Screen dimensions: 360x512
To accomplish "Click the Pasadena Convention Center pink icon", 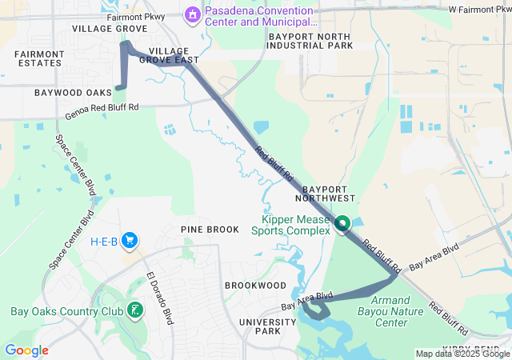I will [x=192, y=14].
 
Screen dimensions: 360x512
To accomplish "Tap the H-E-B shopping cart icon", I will [x=129, y=241].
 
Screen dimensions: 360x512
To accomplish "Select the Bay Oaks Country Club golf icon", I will [x=136, y=310].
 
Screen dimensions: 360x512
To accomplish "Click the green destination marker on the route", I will [x=342, y=224].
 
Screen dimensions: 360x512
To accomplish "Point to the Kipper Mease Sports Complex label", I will [x=290, y=225].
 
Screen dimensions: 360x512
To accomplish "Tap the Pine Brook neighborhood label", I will [x=209, y=230].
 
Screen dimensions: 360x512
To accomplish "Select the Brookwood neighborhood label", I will [x=255, y=285].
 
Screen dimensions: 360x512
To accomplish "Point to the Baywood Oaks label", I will [x=72, y=93].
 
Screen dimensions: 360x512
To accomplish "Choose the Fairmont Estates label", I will [x=38, y=58].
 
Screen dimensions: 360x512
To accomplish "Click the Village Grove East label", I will [x=174, y=54].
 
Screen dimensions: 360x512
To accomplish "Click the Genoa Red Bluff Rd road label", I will [x=102, y=111].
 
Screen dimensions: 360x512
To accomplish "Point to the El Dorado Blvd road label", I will [x=159, y=297].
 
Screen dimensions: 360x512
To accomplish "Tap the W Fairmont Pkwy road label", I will [x=478, y=10].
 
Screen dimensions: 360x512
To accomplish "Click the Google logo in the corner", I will [x=26, y=350].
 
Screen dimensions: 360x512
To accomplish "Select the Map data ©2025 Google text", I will [x=462, y=354].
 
